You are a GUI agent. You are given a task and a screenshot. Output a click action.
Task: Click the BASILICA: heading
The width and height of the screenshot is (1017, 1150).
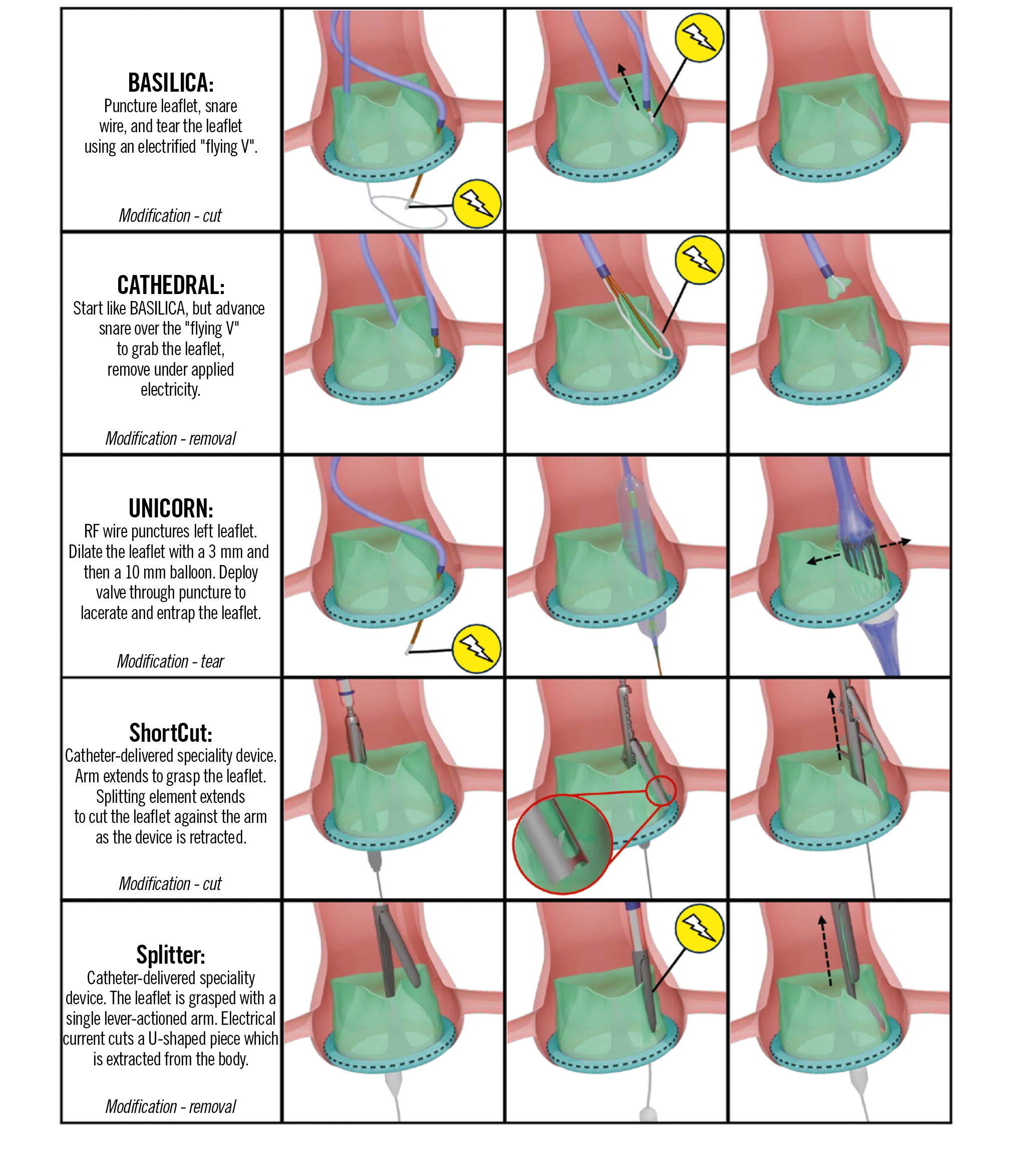tap(171, 83)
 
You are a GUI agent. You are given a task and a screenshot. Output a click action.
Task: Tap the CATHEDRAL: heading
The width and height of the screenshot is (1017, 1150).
tap(171, 285)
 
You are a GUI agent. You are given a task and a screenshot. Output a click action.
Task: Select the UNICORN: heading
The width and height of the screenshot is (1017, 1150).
tap(171, 508)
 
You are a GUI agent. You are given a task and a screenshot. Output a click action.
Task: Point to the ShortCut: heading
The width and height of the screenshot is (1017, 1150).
tap(171, 733)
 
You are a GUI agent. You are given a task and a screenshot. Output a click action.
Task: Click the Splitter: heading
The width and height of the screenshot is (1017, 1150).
tap(171, 955)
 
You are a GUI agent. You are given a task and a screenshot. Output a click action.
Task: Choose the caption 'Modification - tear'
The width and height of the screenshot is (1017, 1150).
tap(170, 661)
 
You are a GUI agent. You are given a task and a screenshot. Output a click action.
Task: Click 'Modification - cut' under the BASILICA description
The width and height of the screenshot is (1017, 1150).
tap(170, 215)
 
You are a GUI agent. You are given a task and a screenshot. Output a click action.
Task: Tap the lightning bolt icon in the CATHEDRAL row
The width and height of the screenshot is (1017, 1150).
tap(699, 260)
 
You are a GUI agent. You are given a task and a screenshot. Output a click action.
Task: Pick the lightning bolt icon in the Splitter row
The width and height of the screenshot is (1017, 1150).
tap(699, 928)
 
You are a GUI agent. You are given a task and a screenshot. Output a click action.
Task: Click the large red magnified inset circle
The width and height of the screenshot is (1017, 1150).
tap(562, 843)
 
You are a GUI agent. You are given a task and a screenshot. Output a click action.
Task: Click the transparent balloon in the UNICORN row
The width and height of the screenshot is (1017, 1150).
tap(639, 557)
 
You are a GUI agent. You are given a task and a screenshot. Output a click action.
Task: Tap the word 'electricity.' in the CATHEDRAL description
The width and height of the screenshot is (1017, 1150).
tap(170, 389)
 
